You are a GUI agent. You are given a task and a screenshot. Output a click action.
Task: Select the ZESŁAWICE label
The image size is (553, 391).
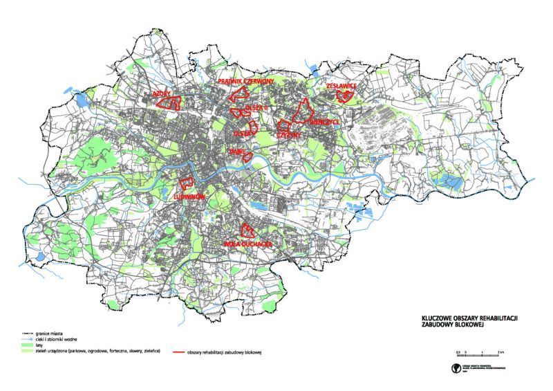coord(340,86)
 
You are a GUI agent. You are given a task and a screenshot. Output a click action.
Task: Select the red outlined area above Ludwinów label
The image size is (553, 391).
coord(186,183)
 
